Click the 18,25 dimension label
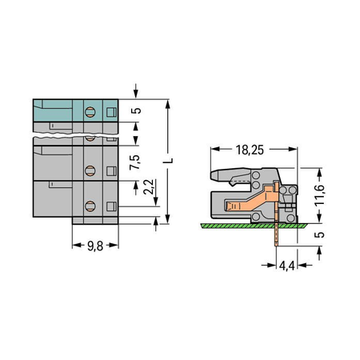[x=250, y=150]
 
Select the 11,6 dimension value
[x=319, y=195]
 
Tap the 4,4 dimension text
[x=286, y=266]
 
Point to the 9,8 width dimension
[x=95, y=246]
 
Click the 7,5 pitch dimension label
[x=135, y=162]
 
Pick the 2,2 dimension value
[x=149, y=186]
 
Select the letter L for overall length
[x=169, y=161]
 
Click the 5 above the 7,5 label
[x=136, y=110]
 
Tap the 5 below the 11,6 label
[x=319, y=234]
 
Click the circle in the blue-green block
[x=90, y=112]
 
